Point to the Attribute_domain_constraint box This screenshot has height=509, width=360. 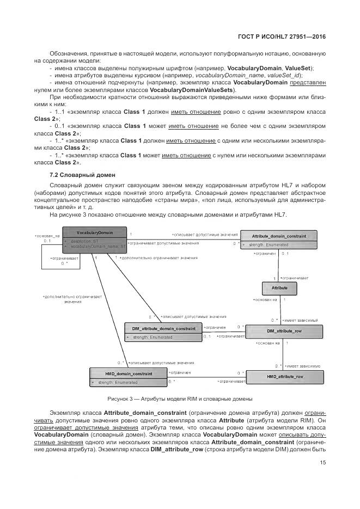tap(279, 240)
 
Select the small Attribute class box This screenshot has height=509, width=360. tap(279, 287)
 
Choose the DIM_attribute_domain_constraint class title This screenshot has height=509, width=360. tap(163, 329)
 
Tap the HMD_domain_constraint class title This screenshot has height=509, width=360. tap(128, 374)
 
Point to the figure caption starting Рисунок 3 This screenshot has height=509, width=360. tap(179, 399)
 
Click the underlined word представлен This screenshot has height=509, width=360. tap(308, 83)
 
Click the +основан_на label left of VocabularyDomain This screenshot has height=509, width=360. tap(46, 235)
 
